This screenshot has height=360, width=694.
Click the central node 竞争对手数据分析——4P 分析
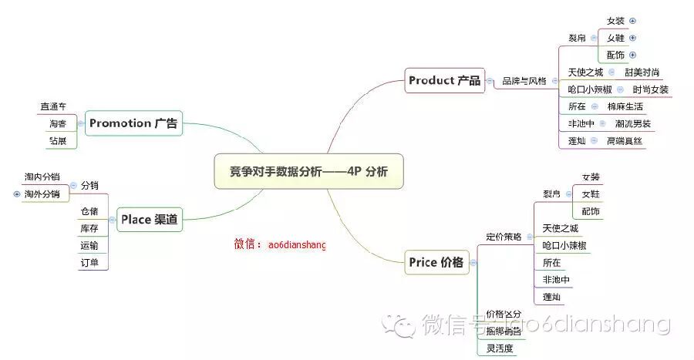pos(308,171)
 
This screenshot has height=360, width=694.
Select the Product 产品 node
pos(445,80)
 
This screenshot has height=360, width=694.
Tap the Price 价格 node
pos(436,262)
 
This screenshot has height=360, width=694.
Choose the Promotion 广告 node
pos(133,123)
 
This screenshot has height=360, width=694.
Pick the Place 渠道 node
pos(150,220)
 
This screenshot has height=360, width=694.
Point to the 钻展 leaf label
pos(57,141)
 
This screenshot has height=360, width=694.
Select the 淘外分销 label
pos(42,193)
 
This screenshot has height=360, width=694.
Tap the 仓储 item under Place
pos(90,210)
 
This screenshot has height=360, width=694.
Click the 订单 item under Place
pos(90,263)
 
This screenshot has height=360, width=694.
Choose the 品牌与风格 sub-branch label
pos(524,81)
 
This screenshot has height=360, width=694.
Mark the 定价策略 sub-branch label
pos(504,237)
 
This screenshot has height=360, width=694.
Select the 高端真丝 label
pos(625,141)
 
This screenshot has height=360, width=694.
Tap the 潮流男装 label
pos(633,123)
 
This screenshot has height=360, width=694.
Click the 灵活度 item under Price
pos(500,348)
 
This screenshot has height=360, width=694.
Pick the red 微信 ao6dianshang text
pos(280,244)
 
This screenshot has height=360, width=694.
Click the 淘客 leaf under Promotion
pos(57,123)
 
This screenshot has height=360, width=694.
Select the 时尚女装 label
pos(650,89)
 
